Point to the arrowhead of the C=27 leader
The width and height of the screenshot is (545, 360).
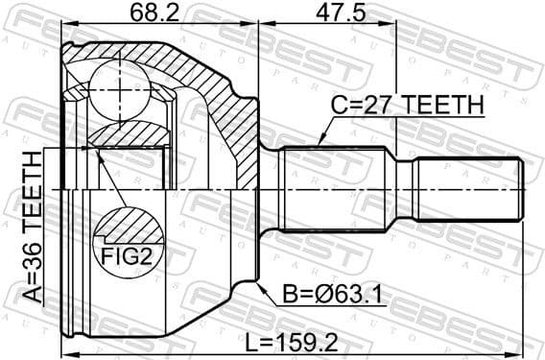(x=320, y=145)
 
